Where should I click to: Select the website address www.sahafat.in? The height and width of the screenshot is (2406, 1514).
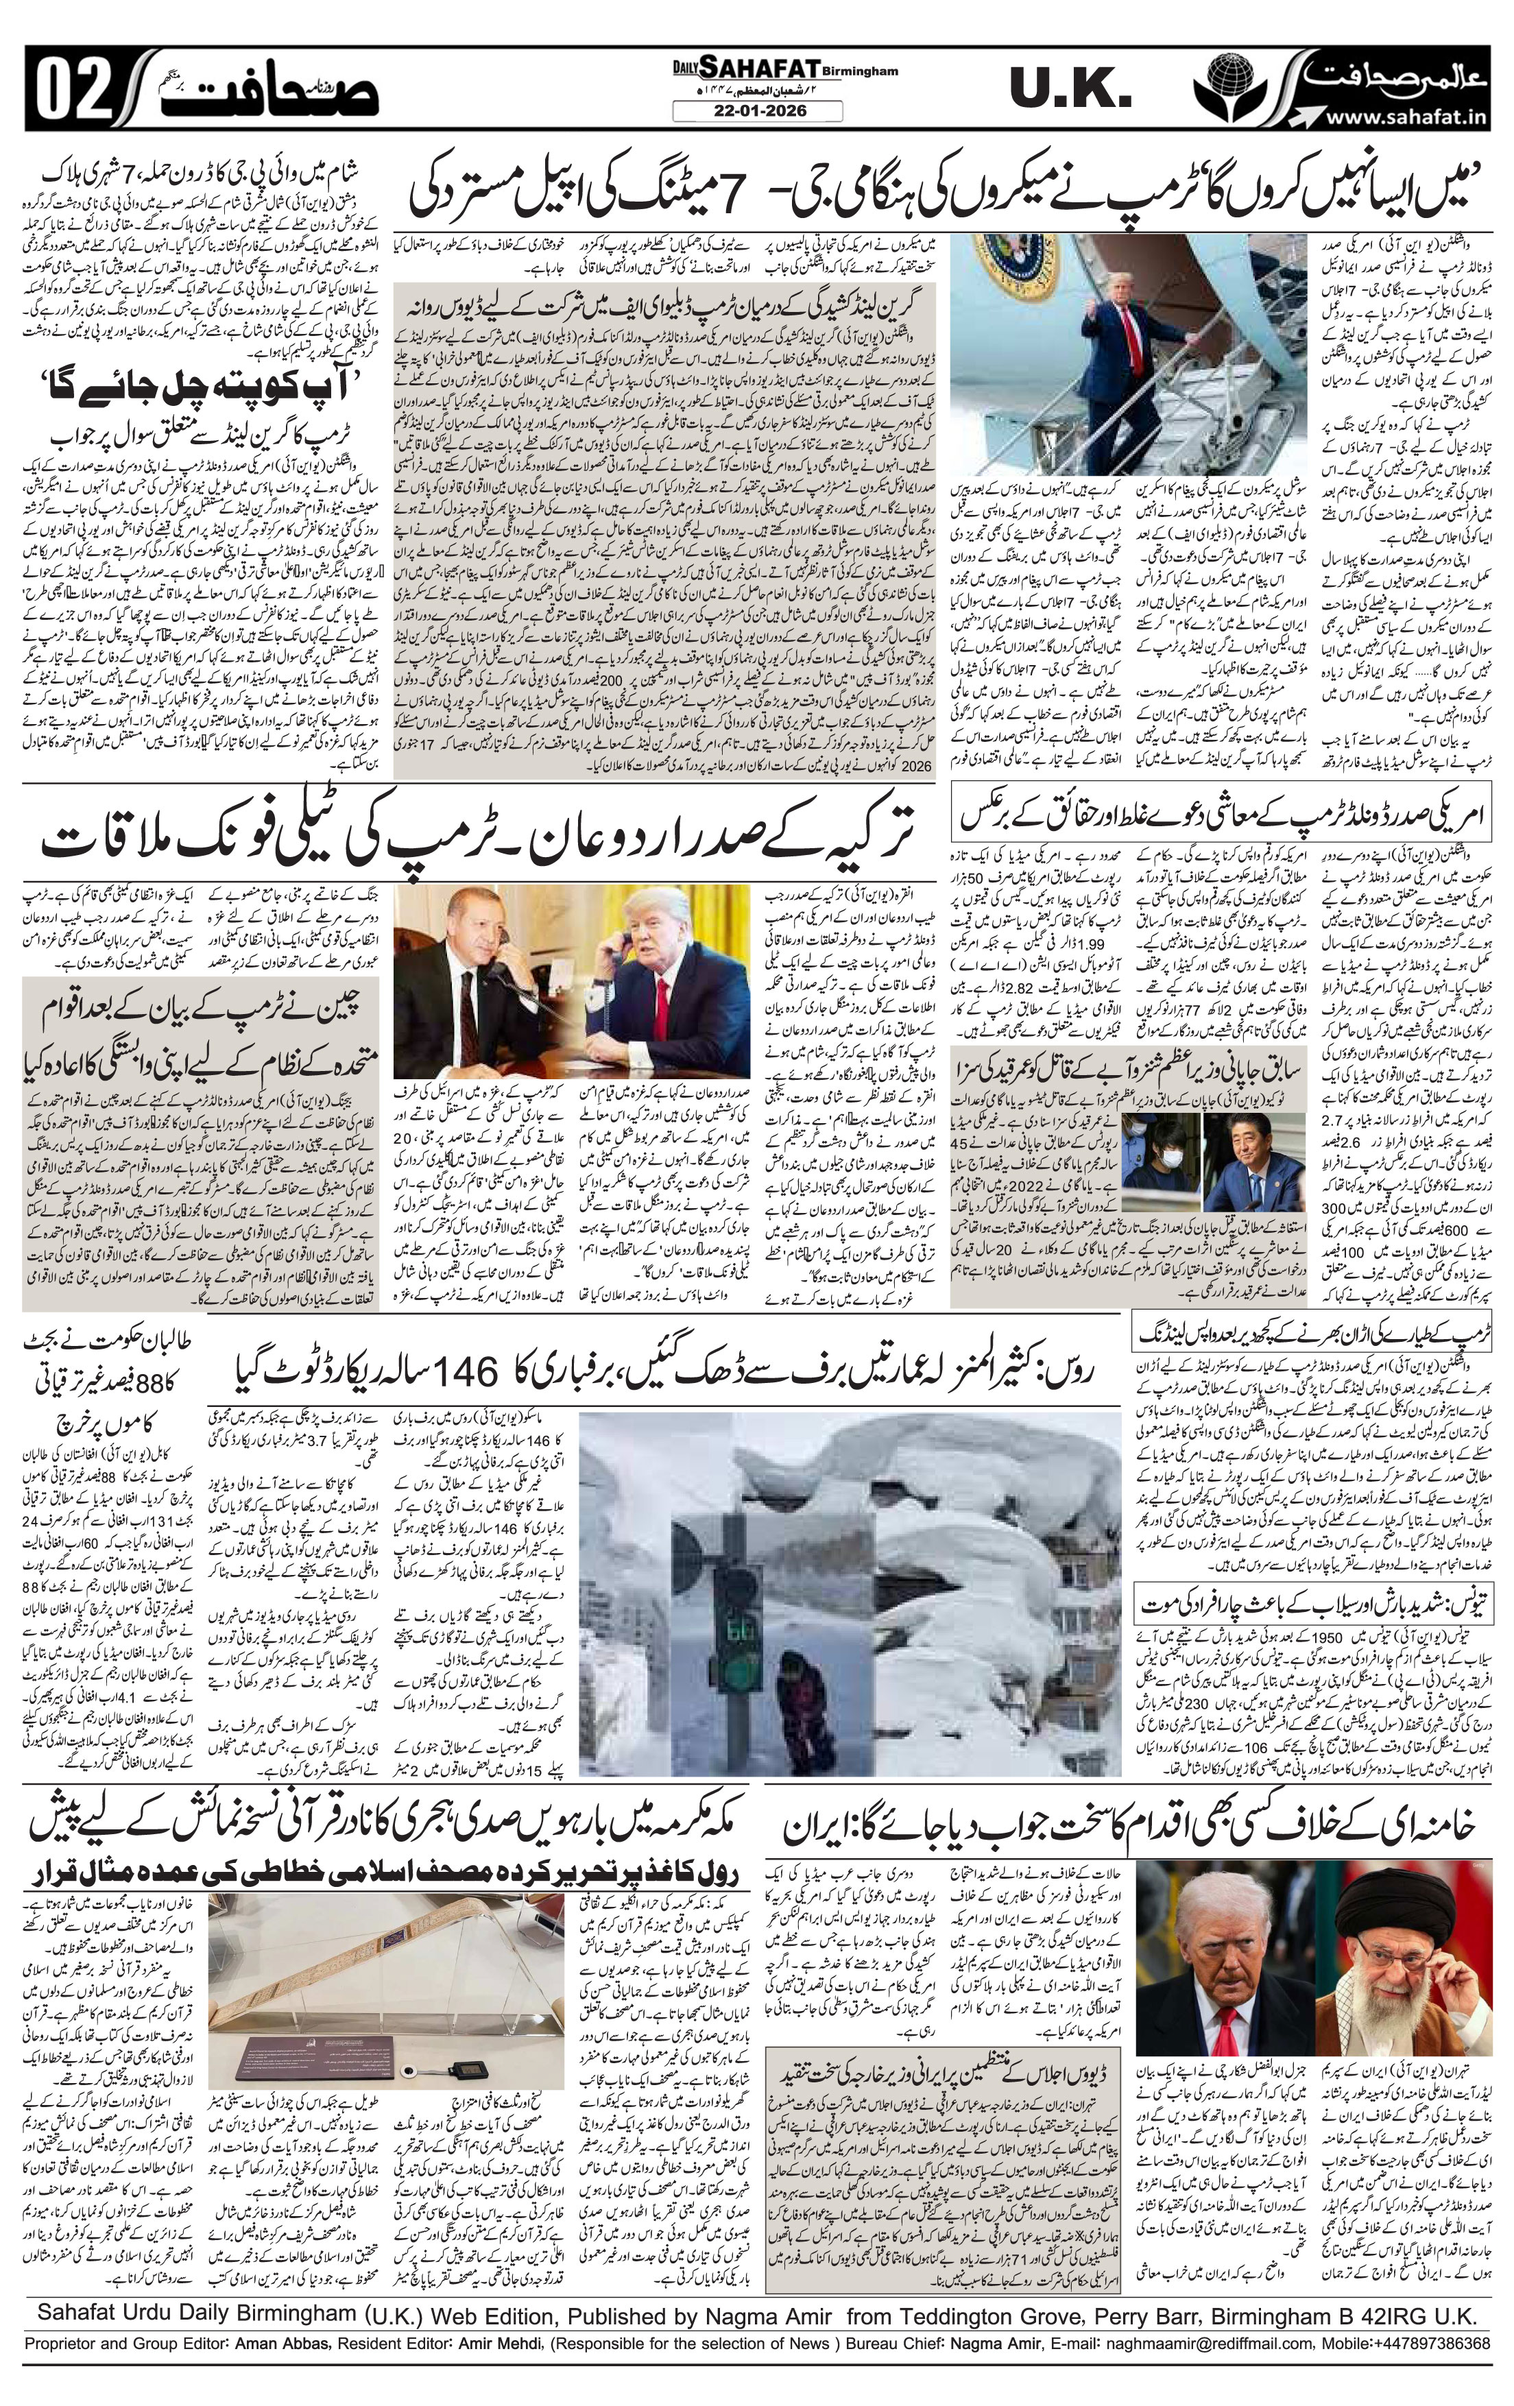[x=1409, y=117]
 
